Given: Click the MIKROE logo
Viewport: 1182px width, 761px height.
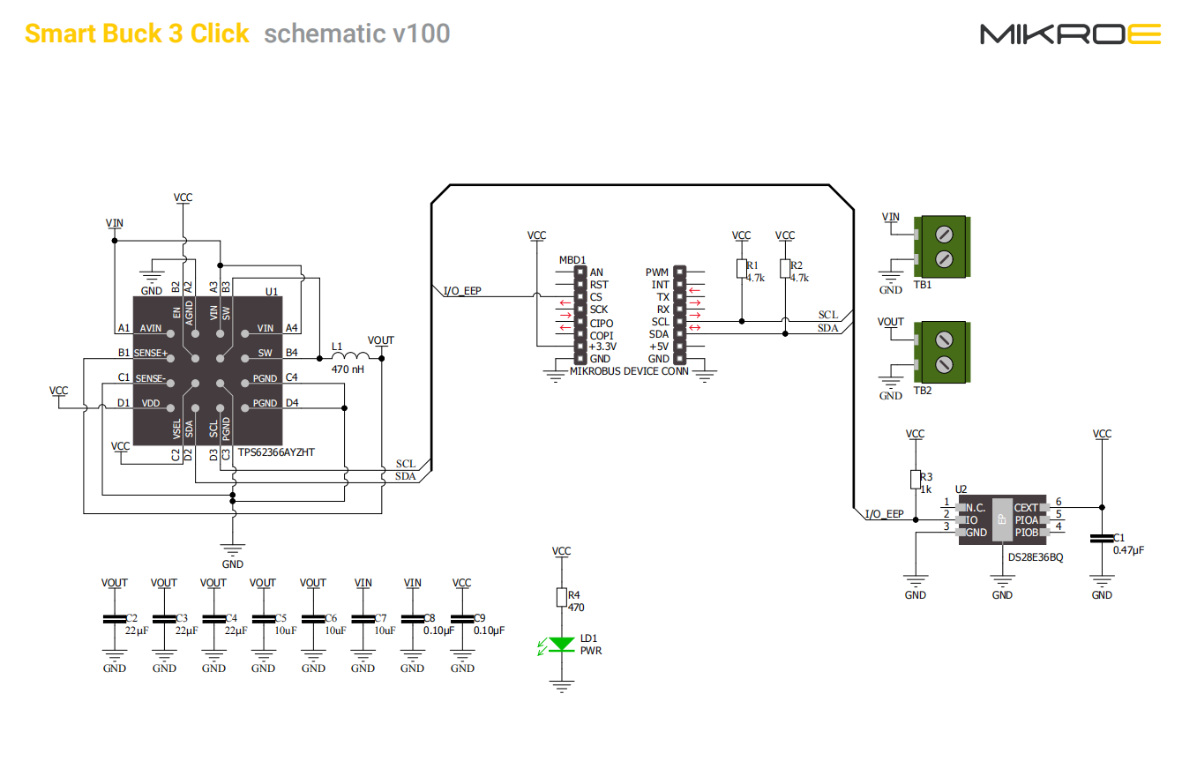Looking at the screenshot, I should (1071, 34).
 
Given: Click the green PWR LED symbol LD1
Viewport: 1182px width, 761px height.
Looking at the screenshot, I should (561, 645).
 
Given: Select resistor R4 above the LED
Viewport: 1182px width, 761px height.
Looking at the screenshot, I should (561, 598).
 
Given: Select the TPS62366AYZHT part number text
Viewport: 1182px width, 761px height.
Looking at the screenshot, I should (276, 452).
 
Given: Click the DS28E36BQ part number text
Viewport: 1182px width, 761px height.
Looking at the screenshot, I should (1036, 557).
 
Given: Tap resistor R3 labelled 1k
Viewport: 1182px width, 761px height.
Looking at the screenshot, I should (916, 479).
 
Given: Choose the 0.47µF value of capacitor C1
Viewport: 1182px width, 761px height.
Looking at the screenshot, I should (1127, 549).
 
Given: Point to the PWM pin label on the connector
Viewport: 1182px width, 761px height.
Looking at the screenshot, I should (657, 272).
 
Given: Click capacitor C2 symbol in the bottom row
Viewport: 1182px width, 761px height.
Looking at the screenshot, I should (115, 619).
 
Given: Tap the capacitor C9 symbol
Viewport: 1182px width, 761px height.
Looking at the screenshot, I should (462, 619).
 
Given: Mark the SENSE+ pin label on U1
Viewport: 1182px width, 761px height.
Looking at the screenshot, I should (150, 353).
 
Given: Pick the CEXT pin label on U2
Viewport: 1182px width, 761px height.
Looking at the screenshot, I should (1026, 508).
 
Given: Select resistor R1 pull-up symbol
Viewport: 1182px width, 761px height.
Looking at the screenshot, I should (741, 268).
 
